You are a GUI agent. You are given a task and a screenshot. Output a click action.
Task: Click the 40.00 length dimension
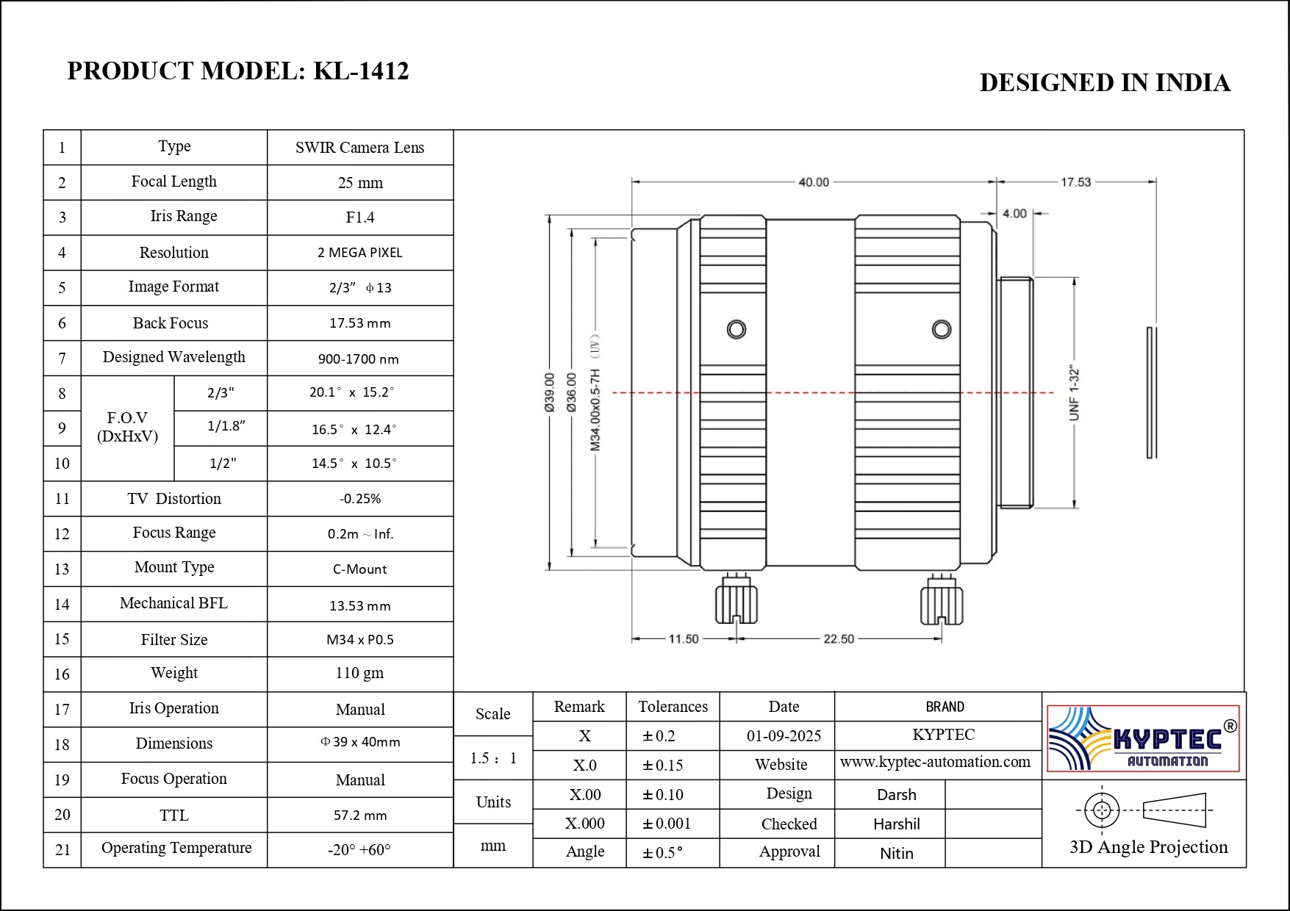pyautogui.click(x=813, y=182)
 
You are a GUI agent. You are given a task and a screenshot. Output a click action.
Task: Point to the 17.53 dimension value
pyautogui.click(x=1075, y=182)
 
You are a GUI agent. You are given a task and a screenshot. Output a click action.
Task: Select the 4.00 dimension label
pyautogui.click(x=1014, y=214)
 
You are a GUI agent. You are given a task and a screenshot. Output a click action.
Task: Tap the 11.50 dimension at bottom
pyautogui.click(x=683, y=639)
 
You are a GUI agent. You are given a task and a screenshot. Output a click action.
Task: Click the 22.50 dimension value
pyautogui.click(x=839, y=639)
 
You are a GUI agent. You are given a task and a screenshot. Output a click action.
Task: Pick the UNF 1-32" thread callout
pyautogui.click(x=1074, y=393)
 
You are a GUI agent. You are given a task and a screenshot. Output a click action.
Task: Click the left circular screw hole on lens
pyautogui.click(x=736, y=329)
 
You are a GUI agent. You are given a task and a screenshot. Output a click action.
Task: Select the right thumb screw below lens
pyautogui.click(x=942, y=601)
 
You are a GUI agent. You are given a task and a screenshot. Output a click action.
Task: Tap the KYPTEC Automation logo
pyautogui.click(x=1143, y=738)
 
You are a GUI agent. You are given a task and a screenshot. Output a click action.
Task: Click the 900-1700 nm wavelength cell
pyautogui.click(x=359, y=359)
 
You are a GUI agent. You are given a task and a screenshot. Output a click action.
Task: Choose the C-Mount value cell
pyautogui.click(x=359, y=569)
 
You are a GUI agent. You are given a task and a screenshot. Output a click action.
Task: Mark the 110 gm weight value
pyautogui.click(x=359, y=674)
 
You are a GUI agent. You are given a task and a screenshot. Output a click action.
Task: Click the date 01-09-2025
pyautogui.click(x=784, y=736)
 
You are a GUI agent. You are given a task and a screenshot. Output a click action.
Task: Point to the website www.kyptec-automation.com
pyautogui.click(x=935, y=763)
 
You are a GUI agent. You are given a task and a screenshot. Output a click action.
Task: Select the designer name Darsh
pyautogui.click(x=896, y=795)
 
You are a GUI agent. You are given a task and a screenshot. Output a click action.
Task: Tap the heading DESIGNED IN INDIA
pyautogui.click(x=1104, y=83)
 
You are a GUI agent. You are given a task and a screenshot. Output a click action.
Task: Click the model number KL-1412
pyautogui.click(x=361, y=71)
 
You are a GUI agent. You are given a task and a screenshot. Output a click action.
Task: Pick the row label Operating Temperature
pyautogui.click(x=176, y=849)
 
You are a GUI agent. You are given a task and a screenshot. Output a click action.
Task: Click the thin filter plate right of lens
pyautogui.click(x=1151, y=393)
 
